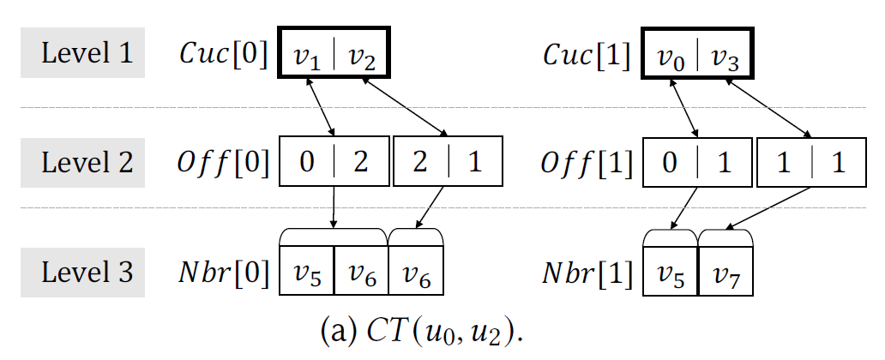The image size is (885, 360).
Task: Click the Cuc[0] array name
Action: pyautogui.click(x=223, y=55)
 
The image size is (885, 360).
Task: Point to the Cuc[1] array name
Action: pyautogui.click(x=588, y=55)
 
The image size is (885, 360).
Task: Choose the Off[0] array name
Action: pyautogui.click(x=224, y=163)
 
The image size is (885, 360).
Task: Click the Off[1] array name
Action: pyautogui.click(x=588, y=163)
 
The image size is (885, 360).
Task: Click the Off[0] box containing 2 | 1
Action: pyautogui.click(x=446, y=164)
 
